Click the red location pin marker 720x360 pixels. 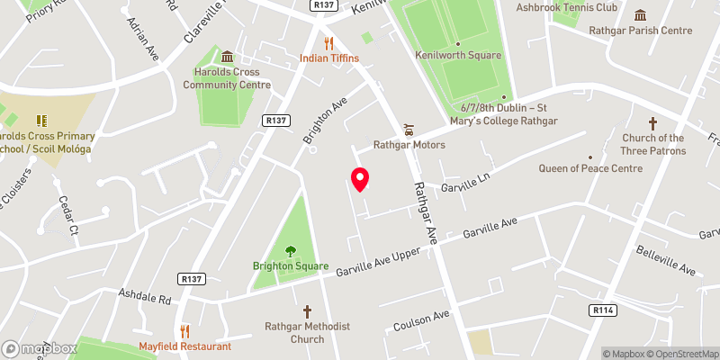coord(359,179)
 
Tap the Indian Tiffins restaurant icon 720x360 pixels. coord(328,43)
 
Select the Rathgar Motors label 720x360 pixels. coord(409,144)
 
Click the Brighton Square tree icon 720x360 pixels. coord(290,251)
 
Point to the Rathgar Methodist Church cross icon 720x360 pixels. coord(307,310)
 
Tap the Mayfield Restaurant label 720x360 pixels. coord(184,346)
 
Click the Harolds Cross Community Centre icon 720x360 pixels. coord(227,58)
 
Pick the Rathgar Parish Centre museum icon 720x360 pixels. coord(640,15)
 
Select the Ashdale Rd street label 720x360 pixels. coord(144,295)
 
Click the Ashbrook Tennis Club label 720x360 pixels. coord(566,7)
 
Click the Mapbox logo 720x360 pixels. coord(38,348)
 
